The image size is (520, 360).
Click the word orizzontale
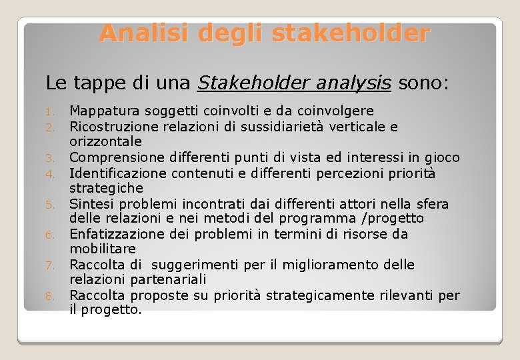pos(105,141)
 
